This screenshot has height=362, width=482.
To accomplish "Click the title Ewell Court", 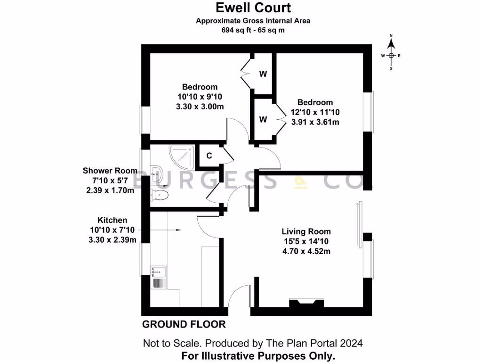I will pos(253,8).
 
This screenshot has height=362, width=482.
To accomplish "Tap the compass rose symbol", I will pos(391,55).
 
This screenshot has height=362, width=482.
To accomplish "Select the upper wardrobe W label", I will pos(263,74).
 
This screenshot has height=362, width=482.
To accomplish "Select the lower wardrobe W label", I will pos(263,119).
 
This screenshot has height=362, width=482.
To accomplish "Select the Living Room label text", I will pos(306,231).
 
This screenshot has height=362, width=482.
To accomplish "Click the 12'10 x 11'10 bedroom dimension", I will pos(315,112).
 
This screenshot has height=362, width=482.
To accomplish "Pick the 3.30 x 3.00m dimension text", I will pos(200,106).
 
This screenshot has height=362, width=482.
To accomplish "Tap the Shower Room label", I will pos(110,171).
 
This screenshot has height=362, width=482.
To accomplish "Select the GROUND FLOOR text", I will pos(184,324).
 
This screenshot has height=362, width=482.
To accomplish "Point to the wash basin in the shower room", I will pos(156,175).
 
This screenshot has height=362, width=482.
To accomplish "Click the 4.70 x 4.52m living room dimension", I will pos(306,251).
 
